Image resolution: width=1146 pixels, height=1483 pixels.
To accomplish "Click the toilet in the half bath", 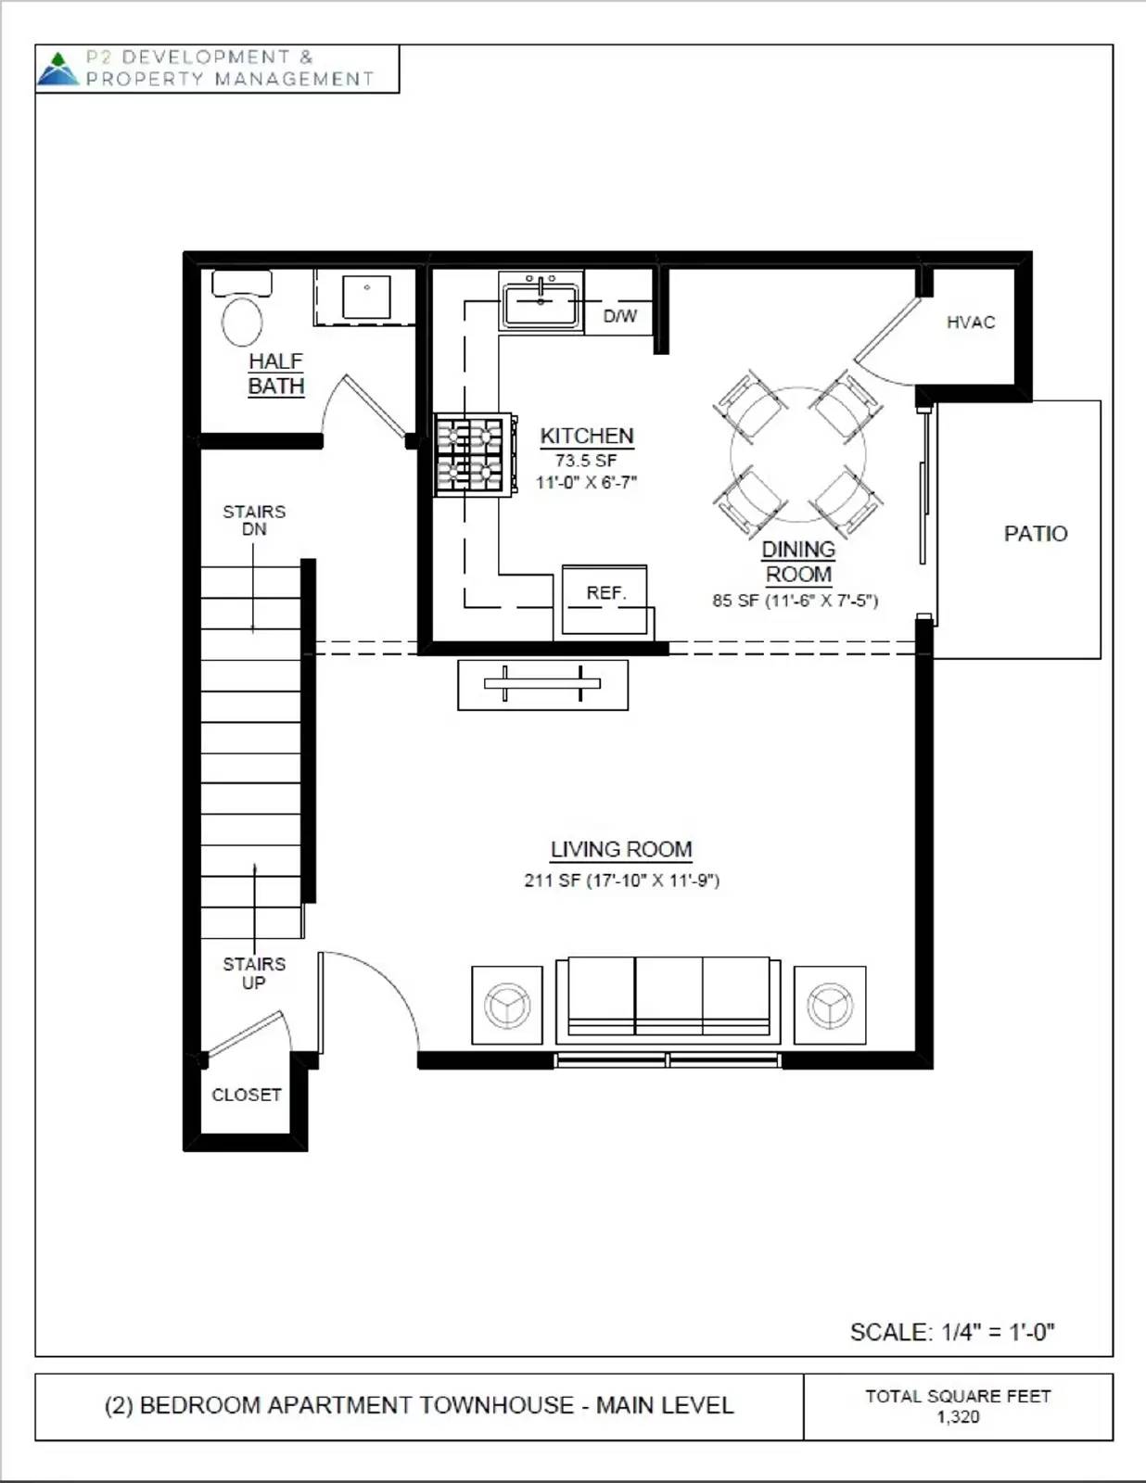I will point(242,314).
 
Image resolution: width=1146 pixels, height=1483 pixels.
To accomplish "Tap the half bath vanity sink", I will point(366,296).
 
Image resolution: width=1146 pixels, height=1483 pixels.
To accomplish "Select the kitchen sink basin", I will point(541,304).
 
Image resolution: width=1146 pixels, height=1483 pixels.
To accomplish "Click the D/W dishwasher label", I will point(619,316).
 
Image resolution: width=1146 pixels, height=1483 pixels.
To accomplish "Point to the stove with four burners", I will point(472,454).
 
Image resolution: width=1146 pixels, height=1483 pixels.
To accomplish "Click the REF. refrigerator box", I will point(605,600).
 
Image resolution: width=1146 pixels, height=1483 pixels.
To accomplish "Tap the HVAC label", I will point(971,323).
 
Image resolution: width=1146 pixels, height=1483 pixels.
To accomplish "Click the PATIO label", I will point(1035,534).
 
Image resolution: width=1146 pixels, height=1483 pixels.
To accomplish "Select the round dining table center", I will point(797,454).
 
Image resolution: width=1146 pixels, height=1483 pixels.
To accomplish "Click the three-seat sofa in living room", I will point(668,999).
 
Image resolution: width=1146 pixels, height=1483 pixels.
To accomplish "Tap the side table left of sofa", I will point(507,1006).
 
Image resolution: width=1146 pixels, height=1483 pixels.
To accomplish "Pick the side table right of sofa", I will point(830,1006).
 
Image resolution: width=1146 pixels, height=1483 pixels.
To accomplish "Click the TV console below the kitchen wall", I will point(542,685).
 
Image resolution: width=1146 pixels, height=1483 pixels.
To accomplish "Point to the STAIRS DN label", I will point(254,520).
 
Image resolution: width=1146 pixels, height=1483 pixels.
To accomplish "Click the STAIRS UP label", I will point(254,973).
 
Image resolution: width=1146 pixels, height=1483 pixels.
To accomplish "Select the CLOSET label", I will point(246,1095).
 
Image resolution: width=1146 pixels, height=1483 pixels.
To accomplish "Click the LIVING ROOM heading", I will point(621,849).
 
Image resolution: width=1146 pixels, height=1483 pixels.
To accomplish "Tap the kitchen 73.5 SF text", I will point(586,460).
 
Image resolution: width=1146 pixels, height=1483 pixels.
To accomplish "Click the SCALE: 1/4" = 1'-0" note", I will point(952,1332).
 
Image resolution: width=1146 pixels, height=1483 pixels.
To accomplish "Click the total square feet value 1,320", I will point(958,1417).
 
